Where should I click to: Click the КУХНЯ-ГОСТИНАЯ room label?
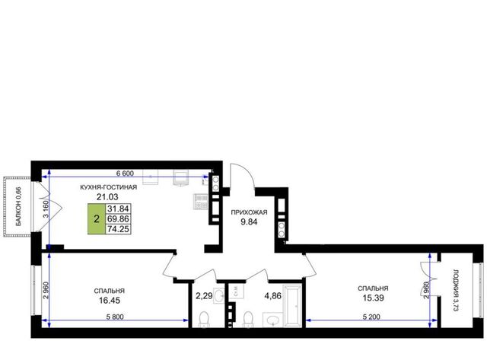tap(108, 187)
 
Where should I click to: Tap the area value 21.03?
tap(107, 196)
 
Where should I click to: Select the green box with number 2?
tap(97, 219)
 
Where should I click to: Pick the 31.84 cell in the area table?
tap(118, 209)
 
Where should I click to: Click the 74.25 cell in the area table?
tap(118, 229)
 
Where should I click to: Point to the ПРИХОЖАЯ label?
tap(249, 212)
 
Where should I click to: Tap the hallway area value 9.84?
tap(249, 221)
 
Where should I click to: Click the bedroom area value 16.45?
tap(110, 301)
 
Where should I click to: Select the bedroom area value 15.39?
tap(373, 298)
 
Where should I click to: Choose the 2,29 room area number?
tap(204, 296)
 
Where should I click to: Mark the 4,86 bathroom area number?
tap(272, 296)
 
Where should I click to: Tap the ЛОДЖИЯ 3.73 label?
tap(456, 290)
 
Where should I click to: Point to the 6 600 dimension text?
tap(125, 174)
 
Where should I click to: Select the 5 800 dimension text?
tap(115, 317)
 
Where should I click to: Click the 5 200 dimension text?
tap(371, 317)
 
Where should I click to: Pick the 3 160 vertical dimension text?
tap(46, 209)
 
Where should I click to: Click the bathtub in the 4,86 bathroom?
tap(293, 306)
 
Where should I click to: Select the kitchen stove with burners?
tap(201, 201)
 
